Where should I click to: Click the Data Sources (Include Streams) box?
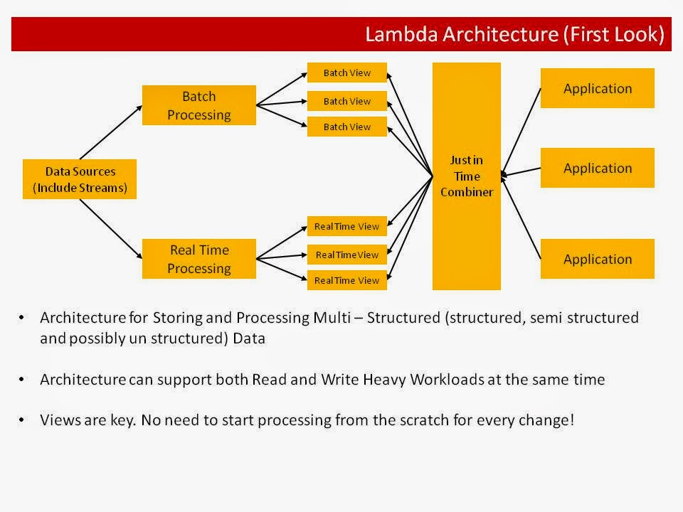pos(79,179)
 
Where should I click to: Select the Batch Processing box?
pos(198,105)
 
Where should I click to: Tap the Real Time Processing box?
pos(198,259)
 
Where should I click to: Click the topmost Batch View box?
pos(347,73)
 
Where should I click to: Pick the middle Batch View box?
pos(347,101)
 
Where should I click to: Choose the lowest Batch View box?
pos(347,127)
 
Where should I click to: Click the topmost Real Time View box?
pos(347,226)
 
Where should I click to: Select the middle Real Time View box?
pos(347,255)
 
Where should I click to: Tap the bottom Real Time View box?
pos(347,280)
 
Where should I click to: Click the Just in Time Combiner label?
pos(466,176)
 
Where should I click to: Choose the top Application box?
pos(597,88)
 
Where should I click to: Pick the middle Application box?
pos(597,168)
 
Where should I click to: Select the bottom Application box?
pos(597,259)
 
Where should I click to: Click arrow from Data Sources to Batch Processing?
pos(110,132)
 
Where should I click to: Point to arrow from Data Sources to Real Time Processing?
pos(110,226)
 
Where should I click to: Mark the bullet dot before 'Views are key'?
pos(23,420)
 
